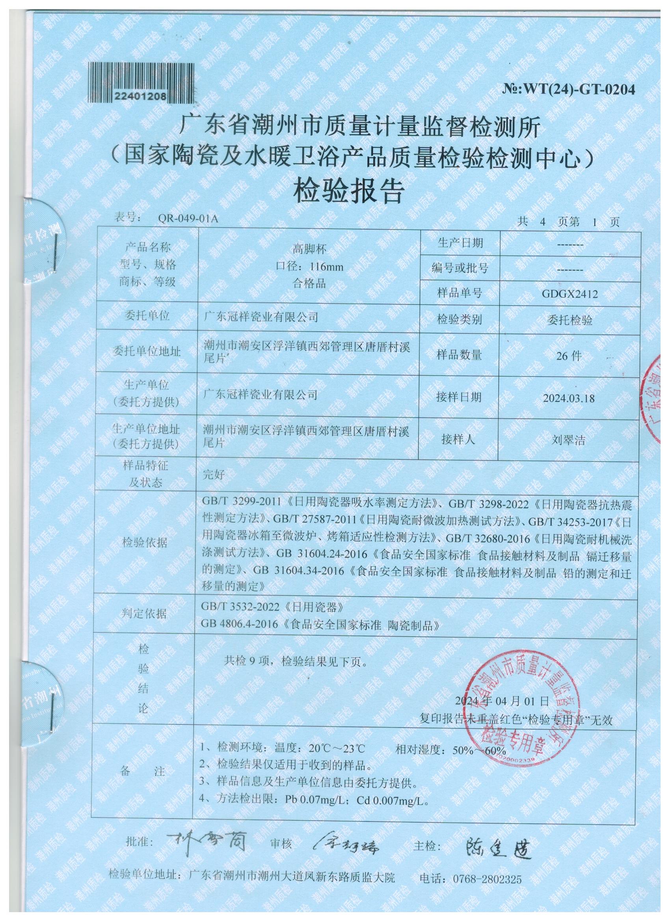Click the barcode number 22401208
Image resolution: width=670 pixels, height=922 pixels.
pyautogui.click(x=140, y=96)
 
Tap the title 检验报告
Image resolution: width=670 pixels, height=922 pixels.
pyautogui.click(x=350, y=192)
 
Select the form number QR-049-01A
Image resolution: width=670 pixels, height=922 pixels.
pyautogui.click(x=188, y=219)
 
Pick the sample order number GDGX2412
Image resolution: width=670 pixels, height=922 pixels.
pyautogui.click(x=569, y=294)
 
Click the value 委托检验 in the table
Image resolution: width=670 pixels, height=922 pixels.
pyautogui.click(x=569, y=321)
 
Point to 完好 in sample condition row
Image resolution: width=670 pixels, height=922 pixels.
pyautogui.click(x=213, y=475)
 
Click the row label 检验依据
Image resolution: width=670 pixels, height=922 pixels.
pyautogui.click(x=145, y=543)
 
